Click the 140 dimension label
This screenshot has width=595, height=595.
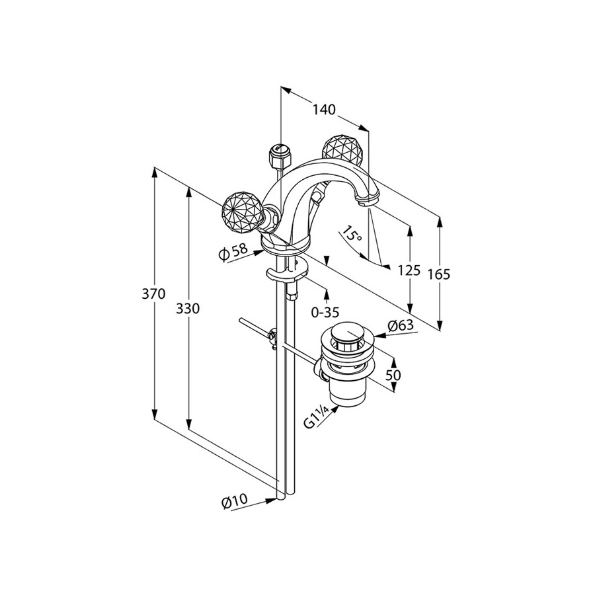(x=324, y=110)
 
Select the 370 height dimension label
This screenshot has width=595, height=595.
(x=153, y=294)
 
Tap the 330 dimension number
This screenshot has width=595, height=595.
(x=188, y=309)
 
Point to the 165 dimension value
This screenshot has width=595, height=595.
(x=439, y=274)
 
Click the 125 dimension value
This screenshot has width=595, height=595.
(x=409, y=271)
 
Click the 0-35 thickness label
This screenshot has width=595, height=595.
(x=325, y=312)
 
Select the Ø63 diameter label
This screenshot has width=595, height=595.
(x=401, y=325)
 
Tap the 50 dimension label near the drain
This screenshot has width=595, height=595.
(x=393, y=376)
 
